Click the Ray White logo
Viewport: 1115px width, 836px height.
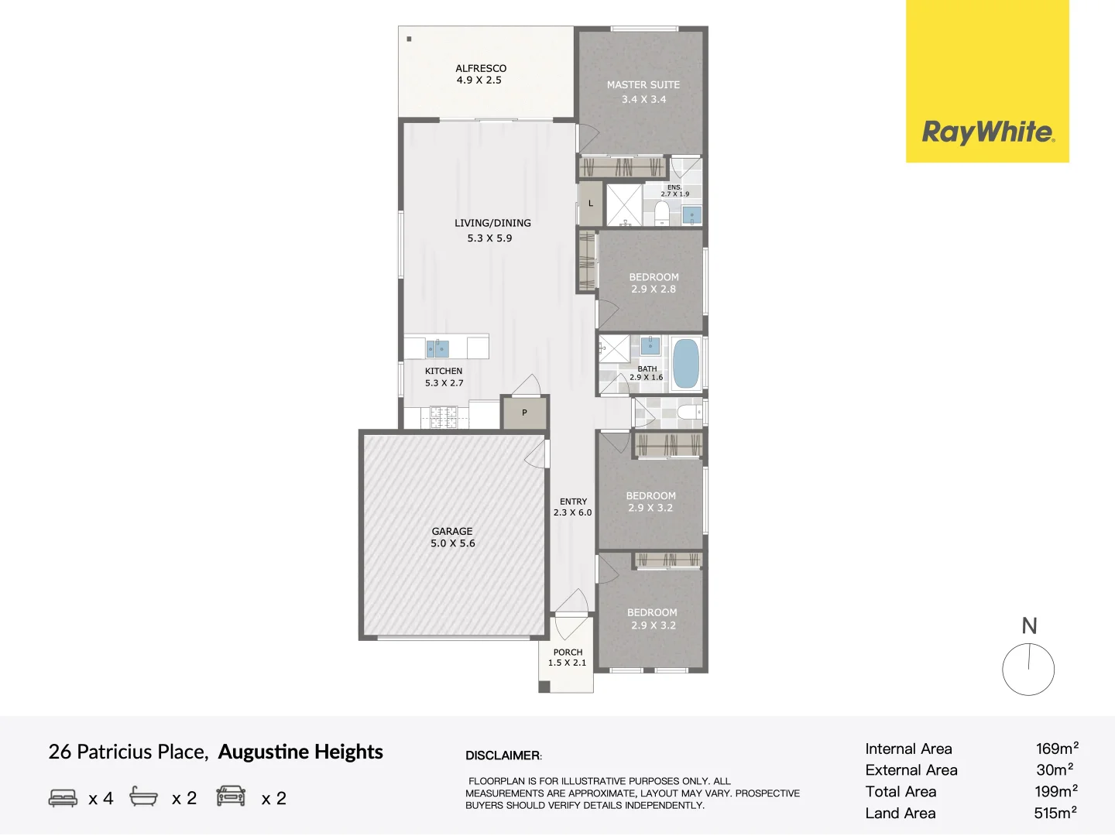pos(987,81)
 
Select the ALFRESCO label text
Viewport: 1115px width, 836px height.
pos(481,68)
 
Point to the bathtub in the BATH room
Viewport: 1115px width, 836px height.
pos(686,364)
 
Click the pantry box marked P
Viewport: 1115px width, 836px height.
pos(525,413)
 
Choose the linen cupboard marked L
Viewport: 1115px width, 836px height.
pos(591,204)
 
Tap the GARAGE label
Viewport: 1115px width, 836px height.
pos(452,531)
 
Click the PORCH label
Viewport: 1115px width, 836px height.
pos(568,652)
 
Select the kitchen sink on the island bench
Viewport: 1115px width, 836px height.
pos(437,348)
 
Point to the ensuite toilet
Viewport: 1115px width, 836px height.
pos(661,212)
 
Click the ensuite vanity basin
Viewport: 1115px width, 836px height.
pos(692,215)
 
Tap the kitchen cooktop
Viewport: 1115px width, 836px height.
pos(444,417)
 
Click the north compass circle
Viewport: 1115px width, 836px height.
pos(1028,669)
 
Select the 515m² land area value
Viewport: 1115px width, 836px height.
pos(1055,813)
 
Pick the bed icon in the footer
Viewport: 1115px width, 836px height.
pos(63,797)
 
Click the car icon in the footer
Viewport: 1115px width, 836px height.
pos(231,797)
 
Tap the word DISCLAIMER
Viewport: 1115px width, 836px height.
pos(503,755)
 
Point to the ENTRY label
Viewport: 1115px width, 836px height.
pos(574,502)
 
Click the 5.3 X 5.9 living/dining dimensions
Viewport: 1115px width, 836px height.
pos(489,238)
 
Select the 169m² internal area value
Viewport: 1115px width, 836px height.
pos(1057,749)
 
